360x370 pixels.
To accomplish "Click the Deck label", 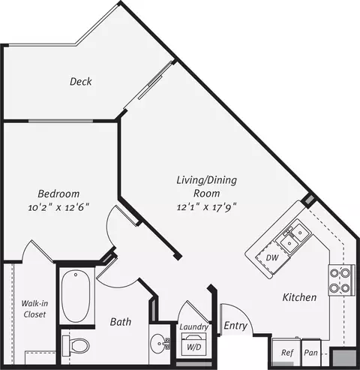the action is [81, 82].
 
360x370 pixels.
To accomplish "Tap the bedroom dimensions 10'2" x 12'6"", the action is [58, 207].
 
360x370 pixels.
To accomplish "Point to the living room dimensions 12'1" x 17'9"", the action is [207, 207].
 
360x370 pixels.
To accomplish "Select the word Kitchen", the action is [299, 297].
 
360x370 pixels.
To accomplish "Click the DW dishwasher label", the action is [272, 257].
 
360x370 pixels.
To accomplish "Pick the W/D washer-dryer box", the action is [193, 344].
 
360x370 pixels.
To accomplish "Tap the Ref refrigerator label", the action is [286, 353].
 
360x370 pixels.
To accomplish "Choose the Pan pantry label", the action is [310, 353].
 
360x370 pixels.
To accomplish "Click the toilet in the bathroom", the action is [76, 346].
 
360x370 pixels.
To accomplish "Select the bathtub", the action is [76, 296].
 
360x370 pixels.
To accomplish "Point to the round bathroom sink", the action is [160, 344].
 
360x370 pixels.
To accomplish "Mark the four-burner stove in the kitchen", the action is [341, 280].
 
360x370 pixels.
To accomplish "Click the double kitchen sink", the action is [294, 237].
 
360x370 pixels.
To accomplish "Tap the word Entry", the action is [235, 326].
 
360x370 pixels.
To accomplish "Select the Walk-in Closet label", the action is [34, 309].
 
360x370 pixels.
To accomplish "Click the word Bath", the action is [121, 322].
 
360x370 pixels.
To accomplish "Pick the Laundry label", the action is [194, 326].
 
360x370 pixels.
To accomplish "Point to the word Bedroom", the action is [58, 194].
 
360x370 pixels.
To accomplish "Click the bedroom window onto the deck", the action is [61, 121].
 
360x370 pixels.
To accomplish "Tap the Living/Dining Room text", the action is [207, 186].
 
